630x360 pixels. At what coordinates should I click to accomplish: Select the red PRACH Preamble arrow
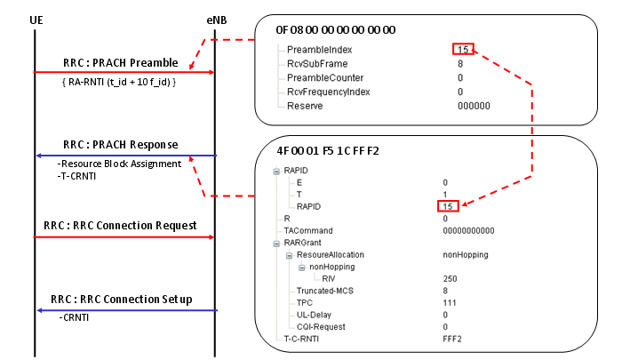point(124,72)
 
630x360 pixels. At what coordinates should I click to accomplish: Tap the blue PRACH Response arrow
point(124,156)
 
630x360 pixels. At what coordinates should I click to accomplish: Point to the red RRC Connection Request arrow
point(124,236)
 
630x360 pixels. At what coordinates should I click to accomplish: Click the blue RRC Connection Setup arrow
point(124,310)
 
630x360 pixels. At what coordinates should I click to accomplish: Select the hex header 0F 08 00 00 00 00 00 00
point(337,29)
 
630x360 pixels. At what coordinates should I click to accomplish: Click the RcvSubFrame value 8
point(460,63)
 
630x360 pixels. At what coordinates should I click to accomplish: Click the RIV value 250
point(451,278)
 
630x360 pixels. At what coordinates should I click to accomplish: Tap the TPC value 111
point(450,302)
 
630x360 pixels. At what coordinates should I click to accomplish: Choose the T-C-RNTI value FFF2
point(452,338)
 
